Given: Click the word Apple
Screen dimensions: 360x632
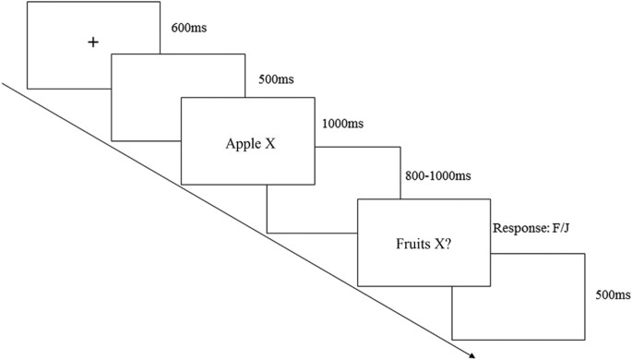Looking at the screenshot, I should pyautogui.click(x=243, y=143).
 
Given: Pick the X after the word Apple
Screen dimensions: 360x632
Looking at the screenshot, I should pyautogui.click(x=269, y=143).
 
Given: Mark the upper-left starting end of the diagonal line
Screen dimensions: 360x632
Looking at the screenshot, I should pyautogui.click(x=2, y=84).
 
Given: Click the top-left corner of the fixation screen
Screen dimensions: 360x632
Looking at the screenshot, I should pyautogui.click(x=28, y=2).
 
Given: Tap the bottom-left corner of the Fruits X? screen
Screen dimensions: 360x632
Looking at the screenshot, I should pyautogui.click(x=357, y=286).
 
